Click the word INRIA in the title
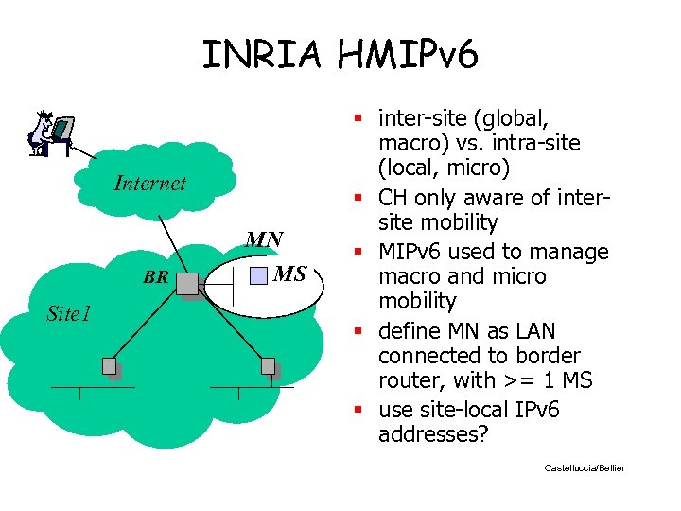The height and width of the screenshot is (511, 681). point(264,53)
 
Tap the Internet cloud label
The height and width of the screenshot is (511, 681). point(149,184)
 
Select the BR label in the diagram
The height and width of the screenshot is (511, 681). point(155,277)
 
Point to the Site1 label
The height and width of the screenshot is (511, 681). point(69,313)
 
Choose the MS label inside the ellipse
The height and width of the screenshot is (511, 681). point(289,274)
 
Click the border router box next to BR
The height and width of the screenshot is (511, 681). point(187,283)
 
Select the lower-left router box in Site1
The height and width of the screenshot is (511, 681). point(111,366)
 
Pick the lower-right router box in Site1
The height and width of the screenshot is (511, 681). point(268,366)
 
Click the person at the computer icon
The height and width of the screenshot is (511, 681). point(48,133)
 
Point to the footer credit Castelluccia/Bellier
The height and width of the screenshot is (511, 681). point(585,468)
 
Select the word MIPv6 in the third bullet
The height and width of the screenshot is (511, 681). point(413,253)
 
